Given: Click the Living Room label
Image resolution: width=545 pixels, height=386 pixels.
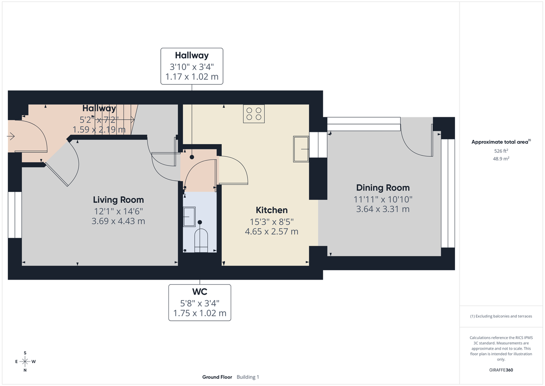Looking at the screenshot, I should [118, 200].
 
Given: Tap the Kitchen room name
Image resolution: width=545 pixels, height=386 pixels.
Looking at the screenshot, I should [272, 210].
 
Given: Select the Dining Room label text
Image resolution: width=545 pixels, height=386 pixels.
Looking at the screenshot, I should [382, 188].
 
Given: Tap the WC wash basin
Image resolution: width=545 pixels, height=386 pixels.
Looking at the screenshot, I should [189, 216].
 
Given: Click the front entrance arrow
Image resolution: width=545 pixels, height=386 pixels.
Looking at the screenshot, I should [11, 136].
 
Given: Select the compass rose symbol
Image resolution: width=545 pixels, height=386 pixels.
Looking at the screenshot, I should [25, 361].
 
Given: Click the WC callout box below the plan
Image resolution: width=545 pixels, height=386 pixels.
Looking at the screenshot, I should [199, 302].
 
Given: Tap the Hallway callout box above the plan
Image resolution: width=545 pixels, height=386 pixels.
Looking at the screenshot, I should [192, 66].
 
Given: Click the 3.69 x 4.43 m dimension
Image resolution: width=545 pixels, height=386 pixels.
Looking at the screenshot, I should [118, 221].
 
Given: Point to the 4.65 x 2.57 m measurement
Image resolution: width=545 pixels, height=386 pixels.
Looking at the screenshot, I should [272, 231].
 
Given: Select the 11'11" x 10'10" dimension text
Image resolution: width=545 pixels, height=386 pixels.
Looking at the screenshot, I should [382, 199].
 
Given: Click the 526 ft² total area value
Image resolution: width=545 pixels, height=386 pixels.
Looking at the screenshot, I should [501, 150].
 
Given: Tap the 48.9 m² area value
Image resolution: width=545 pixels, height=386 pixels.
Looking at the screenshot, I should [501, 159].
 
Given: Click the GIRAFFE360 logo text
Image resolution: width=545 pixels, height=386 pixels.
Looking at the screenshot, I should [501, 370].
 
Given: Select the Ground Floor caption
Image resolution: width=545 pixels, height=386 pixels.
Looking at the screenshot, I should [217, 377].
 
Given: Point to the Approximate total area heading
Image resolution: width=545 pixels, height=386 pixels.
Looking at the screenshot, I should [500, 142].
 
